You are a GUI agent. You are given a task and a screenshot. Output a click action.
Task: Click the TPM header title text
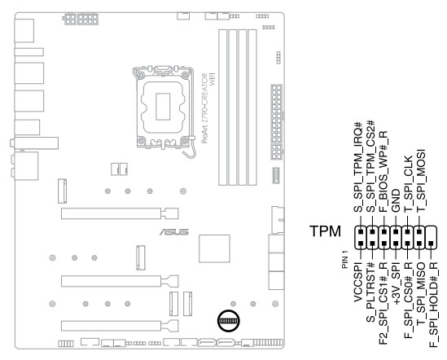click(325, 231)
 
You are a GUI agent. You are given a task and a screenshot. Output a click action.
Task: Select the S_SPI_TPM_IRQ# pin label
click(358, 167)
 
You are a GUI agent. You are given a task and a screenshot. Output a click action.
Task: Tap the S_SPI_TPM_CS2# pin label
click(370, 166)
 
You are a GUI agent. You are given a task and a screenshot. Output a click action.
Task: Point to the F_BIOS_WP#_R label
click(383, 172)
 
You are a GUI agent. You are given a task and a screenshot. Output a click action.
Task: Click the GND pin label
click(396, 201)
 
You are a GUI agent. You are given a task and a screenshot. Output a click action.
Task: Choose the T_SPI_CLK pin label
click(408, 184)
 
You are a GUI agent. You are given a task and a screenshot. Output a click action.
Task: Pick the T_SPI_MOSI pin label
click(421, 181)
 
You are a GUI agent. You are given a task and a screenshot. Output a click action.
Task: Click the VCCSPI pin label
click(358, 283)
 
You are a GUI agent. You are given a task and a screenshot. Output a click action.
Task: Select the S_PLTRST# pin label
click(370, 292)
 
